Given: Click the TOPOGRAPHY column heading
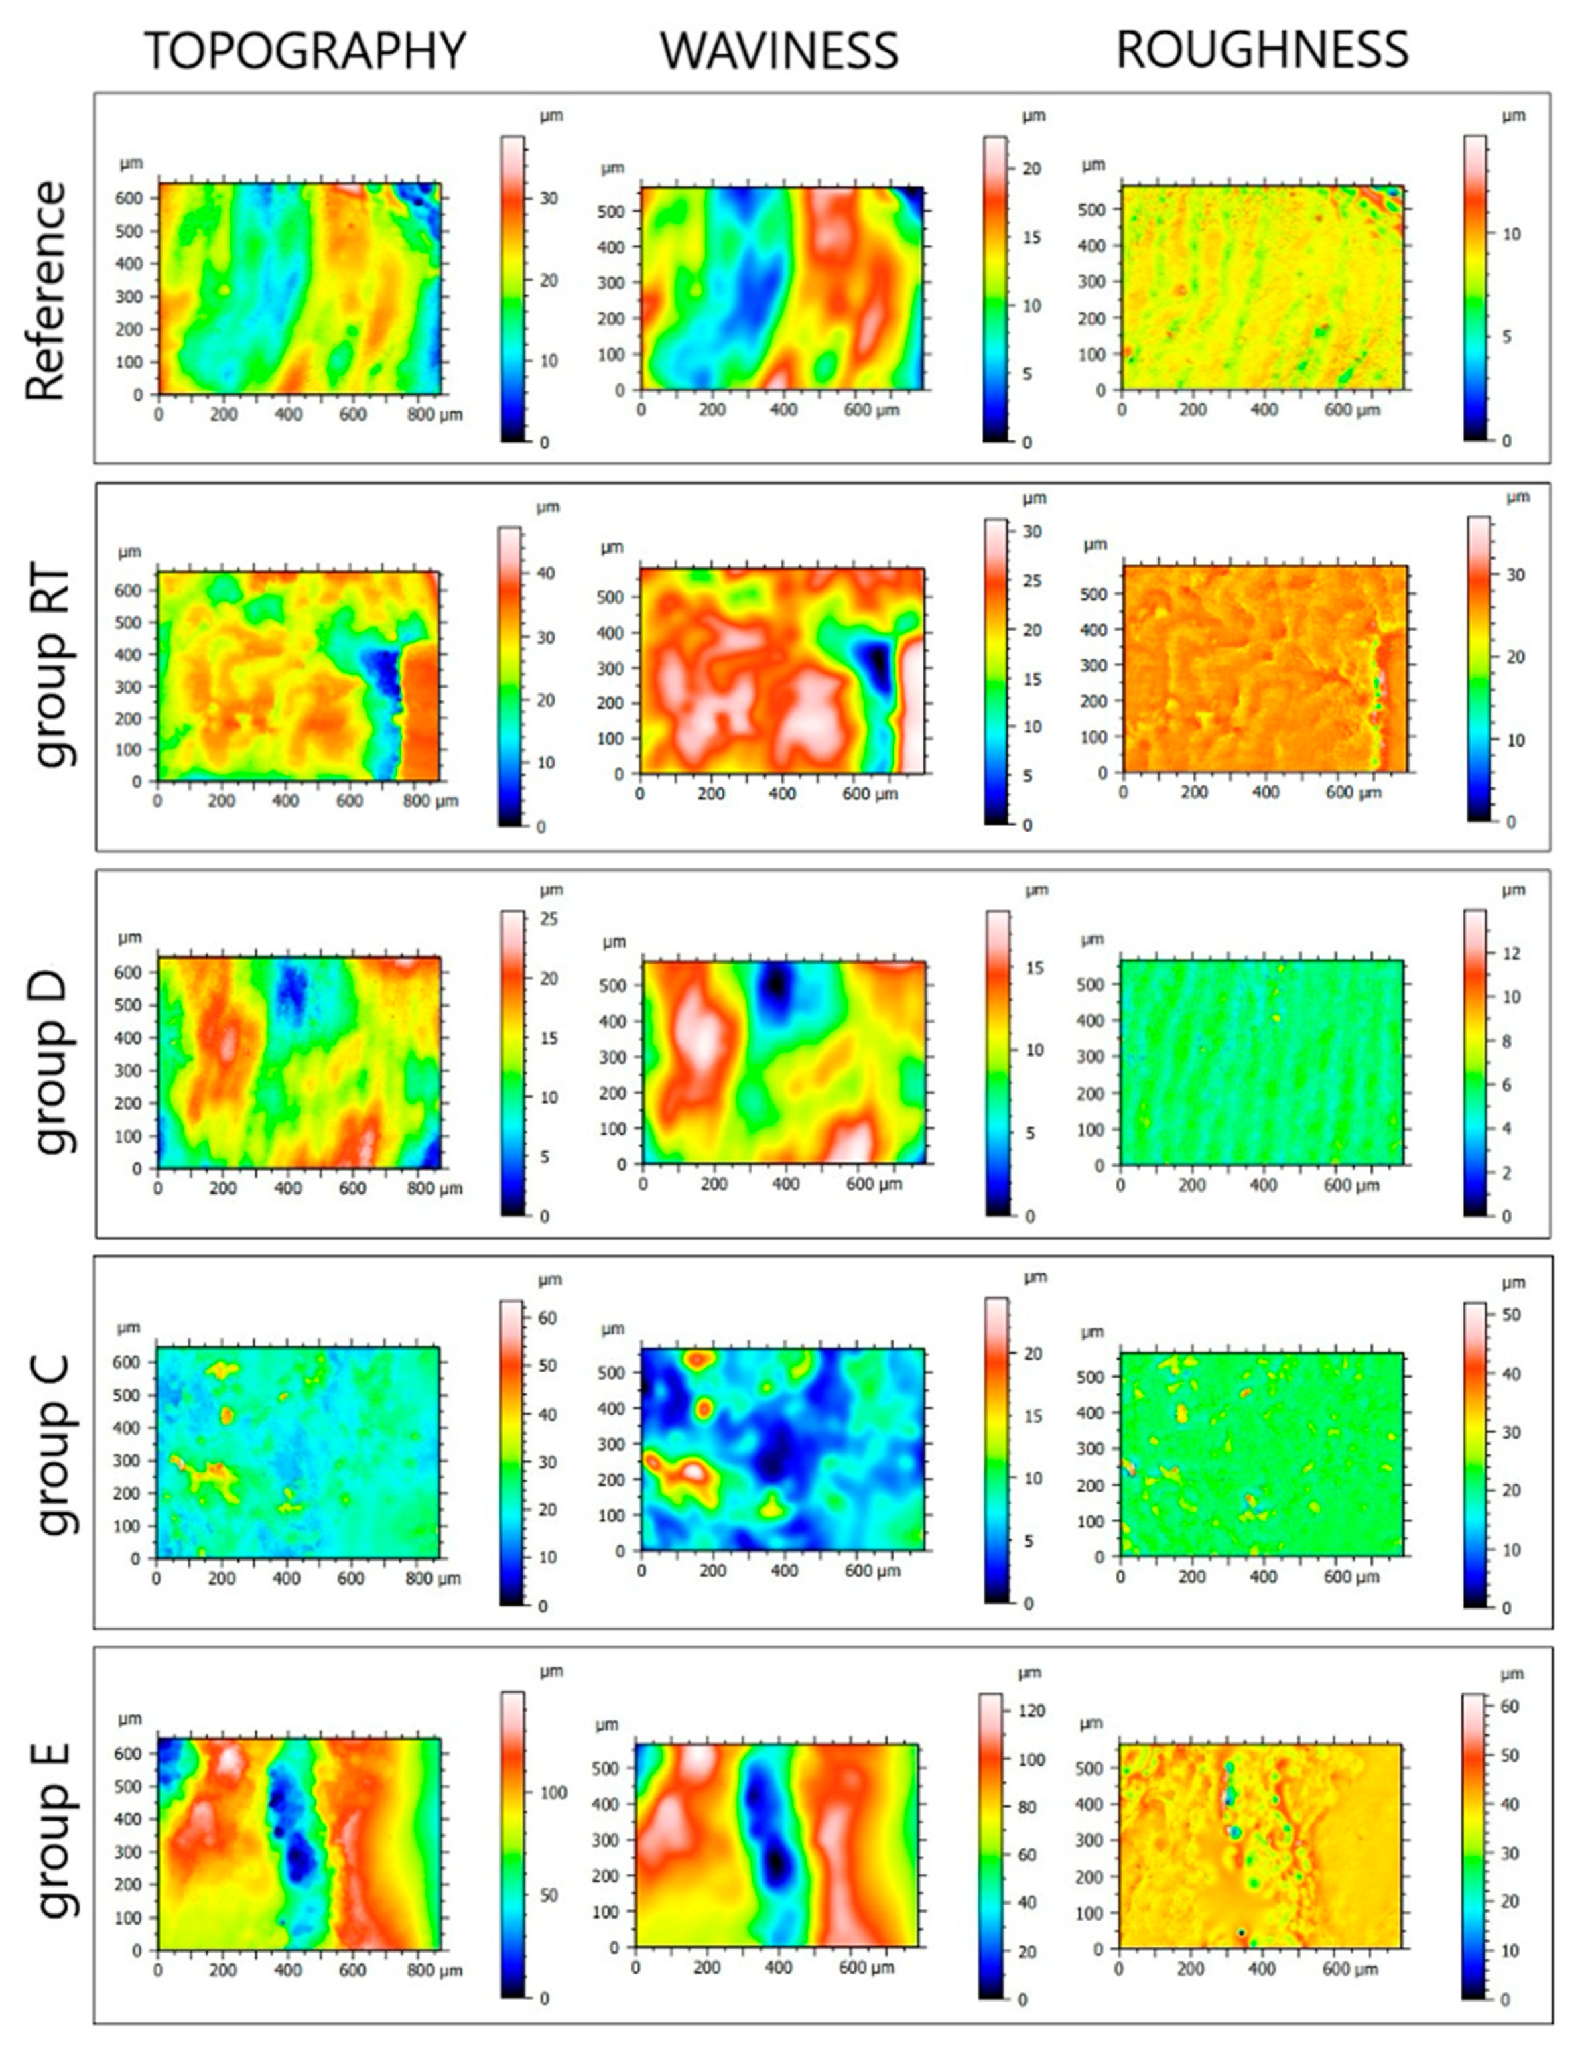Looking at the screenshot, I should pos(305,51).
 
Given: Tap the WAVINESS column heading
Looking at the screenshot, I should pos(779,51).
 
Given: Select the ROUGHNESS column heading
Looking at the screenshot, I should pos(1262,51).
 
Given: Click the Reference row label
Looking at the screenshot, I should pos(47,291).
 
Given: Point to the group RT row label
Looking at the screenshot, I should pos(52,667).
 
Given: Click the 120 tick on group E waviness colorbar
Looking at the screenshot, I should pos(1032,1711).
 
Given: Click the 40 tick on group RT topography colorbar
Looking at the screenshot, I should pos(546,573).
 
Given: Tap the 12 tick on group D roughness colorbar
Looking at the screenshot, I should pos(1511,954).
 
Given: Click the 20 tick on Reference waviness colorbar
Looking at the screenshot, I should pos(1032,169).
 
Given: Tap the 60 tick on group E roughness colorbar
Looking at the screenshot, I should pos(1509,1707).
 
